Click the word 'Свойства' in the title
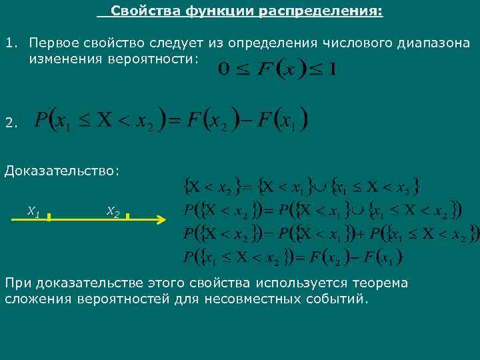point(138,11)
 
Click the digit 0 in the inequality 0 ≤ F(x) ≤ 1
point(224,69)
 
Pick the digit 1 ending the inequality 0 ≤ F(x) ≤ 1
point(331,69)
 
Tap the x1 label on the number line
point(33,212)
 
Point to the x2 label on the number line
point(113,212)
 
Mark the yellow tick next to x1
point(51,216)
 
